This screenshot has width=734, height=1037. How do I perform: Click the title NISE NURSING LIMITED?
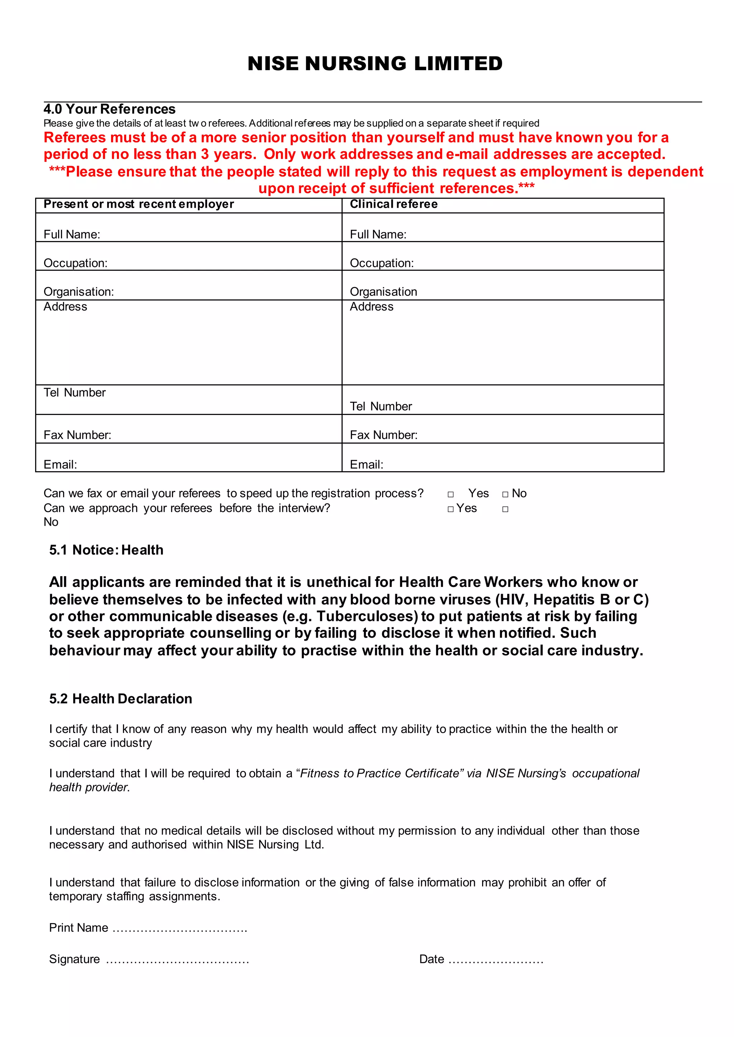(x=375, y=64)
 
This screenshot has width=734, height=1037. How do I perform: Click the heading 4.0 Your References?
(x=109, y=109)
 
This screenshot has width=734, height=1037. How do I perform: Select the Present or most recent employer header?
(x=138, y=204)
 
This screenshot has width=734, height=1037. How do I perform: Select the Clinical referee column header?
(x=393, y=204)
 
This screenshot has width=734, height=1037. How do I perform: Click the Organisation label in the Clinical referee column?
(x=383, y=292)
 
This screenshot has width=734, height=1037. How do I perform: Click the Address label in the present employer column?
(x=65, y=307)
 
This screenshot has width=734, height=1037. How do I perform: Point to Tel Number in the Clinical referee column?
(x=381, y=406)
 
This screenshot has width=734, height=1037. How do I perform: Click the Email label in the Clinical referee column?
(x=366, y=464)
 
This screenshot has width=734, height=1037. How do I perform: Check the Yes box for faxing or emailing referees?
(x=451, y=495)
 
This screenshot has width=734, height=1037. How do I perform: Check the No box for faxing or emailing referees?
(x=505, y=495)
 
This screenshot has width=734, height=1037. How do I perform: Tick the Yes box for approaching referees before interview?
(x=451, y=510)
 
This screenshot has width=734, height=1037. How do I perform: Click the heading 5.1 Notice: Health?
(x=106, y=550)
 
